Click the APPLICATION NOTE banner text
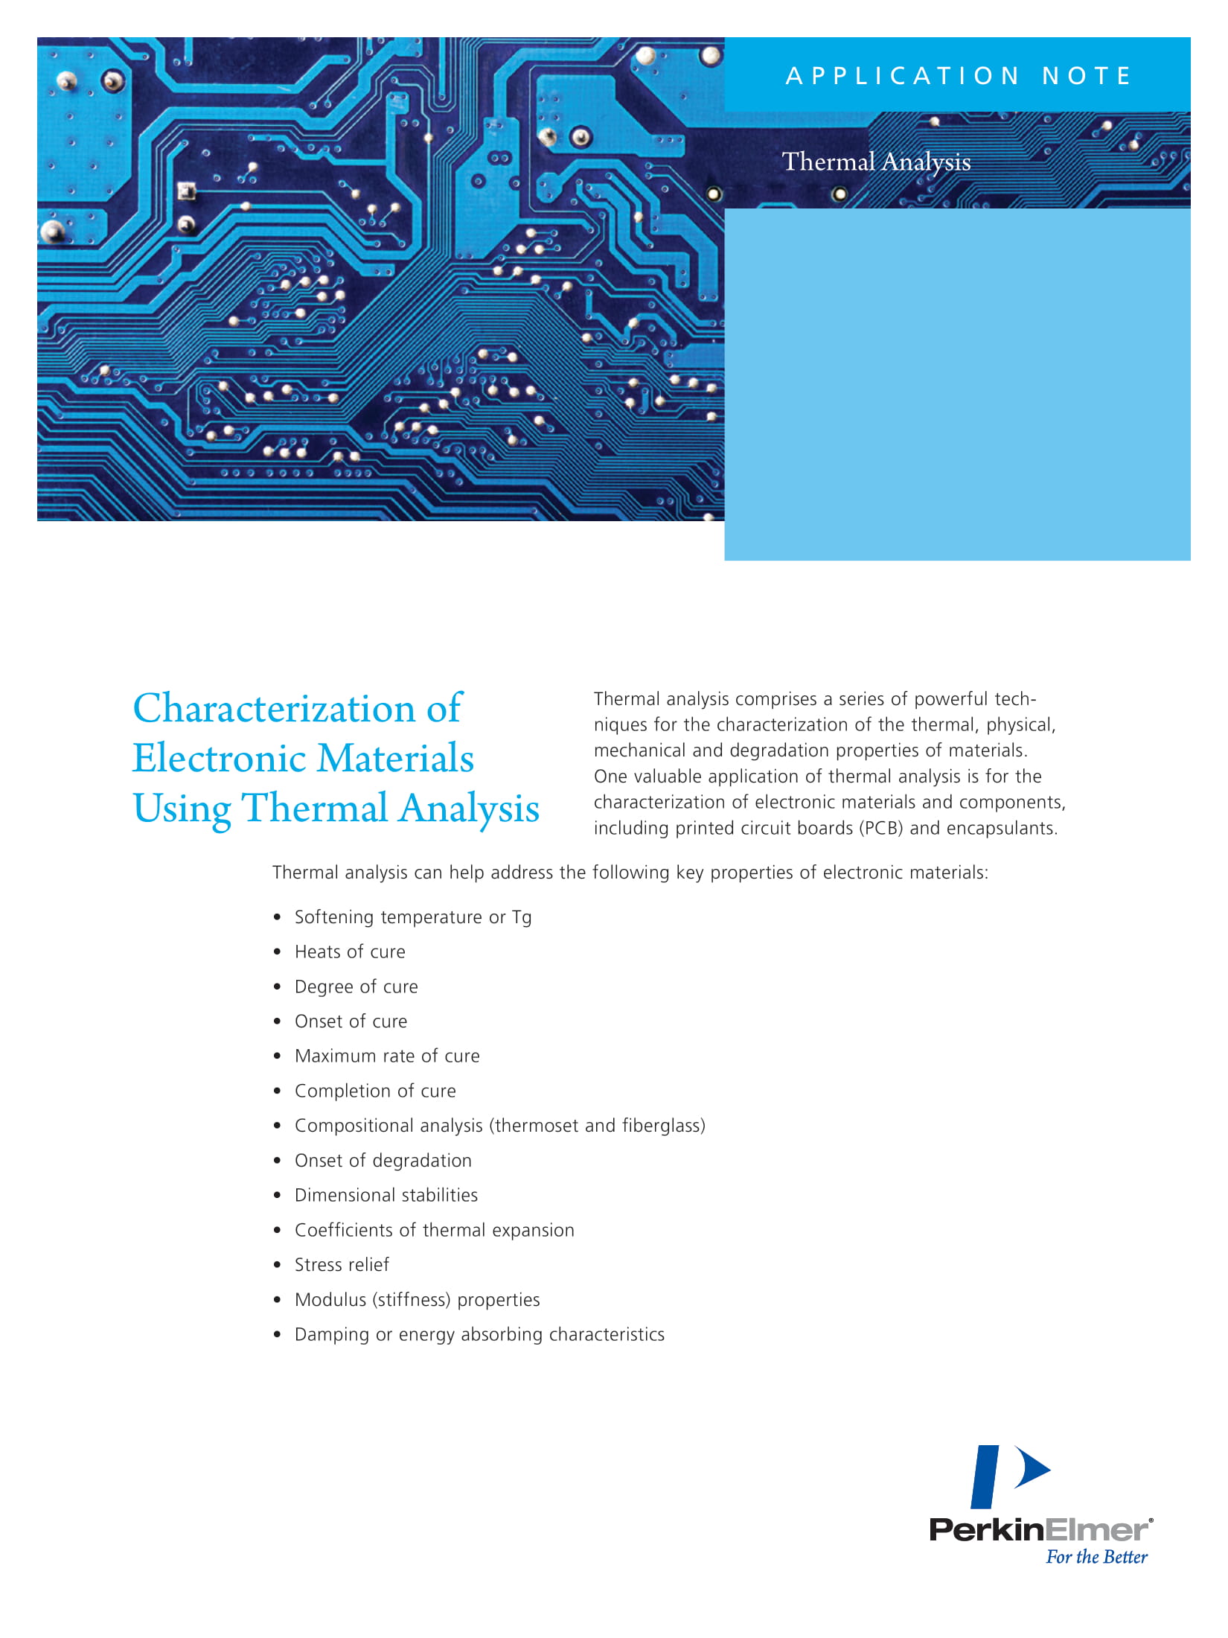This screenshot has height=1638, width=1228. (x=958, y=76)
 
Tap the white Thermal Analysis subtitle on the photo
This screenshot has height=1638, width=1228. (x=876, y=162)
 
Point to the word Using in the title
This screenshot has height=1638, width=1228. (x=182, y=809)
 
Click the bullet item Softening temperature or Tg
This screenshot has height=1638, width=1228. (x=413, y=917)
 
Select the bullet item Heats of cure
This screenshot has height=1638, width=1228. (x=350, y=952)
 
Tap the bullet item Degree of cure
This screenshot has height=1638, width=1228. (x=356, y=987)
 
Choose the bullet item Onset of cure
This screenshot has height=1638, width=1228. (x=351, y=1022)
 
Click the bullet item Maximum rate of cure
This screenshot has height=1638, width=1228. (x=387, y=1057)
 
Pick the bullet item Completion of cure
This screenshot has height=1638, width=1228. (x=375, y=1092)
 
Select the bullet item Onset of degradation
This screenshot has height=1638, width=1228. (x=383, y=1161)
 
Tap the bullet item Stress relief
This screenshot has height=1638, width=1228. (x=342, y=1265)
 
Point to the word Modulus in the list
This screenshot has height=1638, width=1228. (x=330, y=1300)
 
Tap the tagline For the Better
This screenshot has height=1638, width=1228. (x=1096, y=1557)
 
